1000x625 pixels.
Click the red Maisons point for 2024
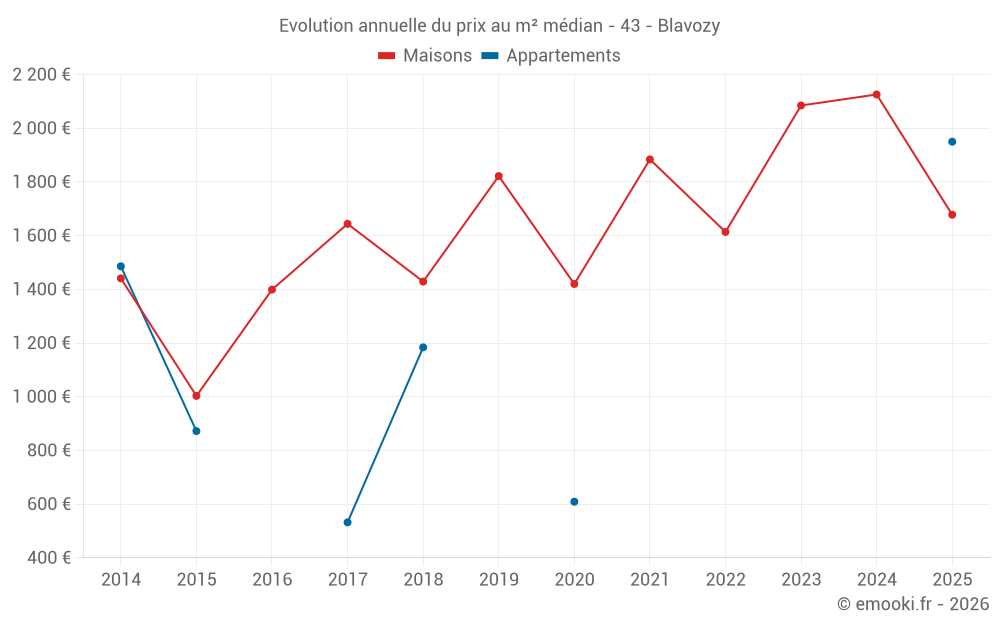(876, 95)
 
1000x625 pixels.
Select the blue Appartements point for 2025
(952, 142)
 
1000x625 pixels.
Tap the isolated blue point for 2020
(574, 502)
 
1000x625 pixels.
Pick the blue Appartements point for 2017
(347, 522)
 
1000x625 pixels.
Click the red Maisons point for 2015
(196, 396)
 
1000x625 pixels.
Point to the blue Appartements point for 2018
(423, 347)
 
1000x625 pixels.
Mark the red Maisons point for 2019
(499, 176)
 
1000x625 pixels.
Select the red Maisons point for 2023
(801, 105)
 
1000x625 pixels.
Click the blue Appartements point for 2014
(121, 266)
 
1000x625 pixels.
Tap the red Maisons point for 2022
(725, 232)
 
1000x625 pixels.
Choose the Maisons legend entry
(425, 56)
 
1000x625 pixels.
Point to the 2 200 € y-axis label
(41, 75)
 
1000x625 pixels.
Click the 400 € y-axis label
(48, 558)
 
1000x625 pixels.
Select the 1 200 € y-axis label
(41, 343)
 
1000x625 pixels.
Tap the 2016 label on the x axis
(272, 580)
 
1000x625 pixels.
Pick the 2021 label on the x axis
(650, 580)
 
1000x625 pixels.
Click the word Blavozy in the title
(689, 26)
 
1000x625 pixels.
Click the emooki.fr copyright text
(913, 604)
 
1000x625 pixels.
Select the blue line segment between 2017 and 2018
(385, 435)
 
